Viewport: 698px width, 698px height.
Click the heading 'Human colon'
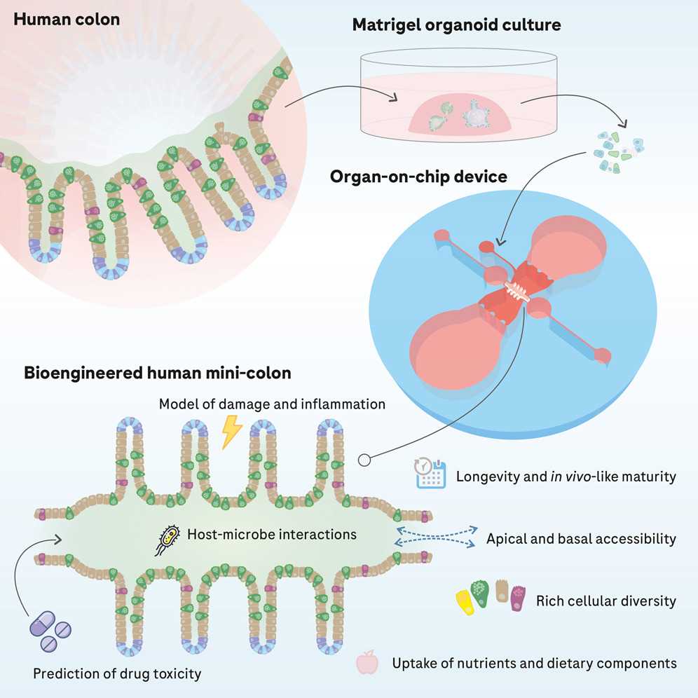67,19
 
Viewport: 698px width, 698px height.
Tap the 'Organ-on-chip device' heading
418,176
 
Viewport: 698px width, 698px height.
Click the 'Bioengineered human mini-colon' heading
158,373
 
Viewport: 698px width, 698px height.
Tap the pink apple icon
367,662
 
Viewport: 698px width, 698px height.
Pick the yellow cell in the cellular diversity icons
463,600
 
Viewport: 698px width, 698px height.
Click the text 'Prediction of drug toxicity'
117,674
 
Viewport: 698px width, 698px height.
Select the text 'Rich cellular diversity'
605,601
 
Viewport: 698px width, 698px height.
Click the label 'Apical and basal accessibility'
581,538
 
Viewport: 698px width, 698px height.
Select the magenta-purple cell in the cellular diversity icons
518,600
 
